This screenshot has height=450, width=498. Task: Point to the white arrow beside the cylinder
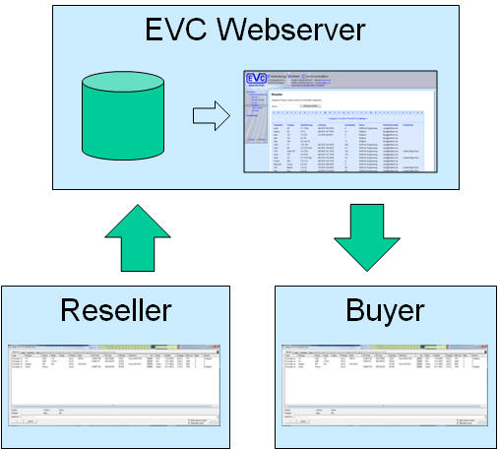tap(208, 117)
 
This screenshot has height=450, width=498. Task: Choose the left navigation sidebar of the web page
tap(257, 123)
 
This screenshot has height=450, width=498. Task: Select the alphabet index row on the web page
tap(344, 114)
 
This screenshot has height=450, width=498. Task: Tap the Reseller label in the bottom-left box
tap(115, 310)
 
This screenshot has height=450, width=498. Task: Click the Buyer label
tap(385, 310)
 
